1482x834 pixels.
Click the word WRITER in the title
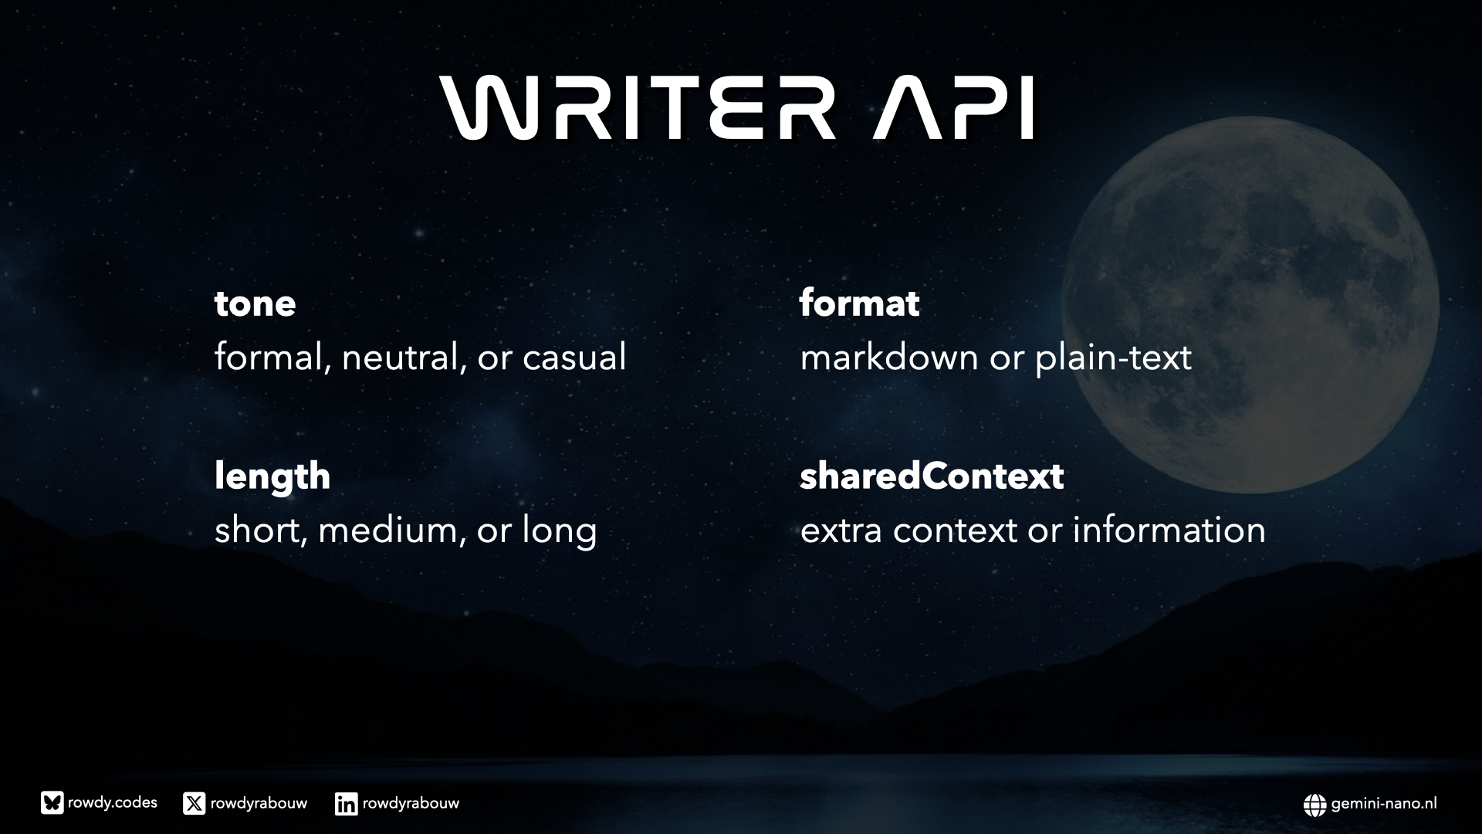point(638,107)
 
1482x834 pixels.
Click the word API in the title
point(954,107)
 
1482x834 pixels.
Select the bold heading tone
point(255,303)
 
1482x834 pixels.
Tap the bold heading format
point(859,303)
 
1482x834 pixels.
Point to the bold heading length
point(272,476)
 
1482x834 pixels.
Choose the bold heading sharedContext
point(932,476)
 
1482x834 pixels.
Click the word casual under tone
point(574,358)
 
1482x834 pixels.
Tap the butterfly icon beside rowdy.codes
point(52,804)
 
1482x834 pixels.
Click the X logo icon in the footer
point(195,804)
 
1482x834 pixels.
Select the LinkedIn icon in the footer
point(347,804)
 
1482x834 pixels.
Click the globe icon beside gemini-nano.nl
point(1315,805)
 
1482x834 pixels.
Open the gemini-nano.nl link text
point(1384,804)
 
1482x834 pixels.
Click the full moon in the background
point(1250,305)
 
